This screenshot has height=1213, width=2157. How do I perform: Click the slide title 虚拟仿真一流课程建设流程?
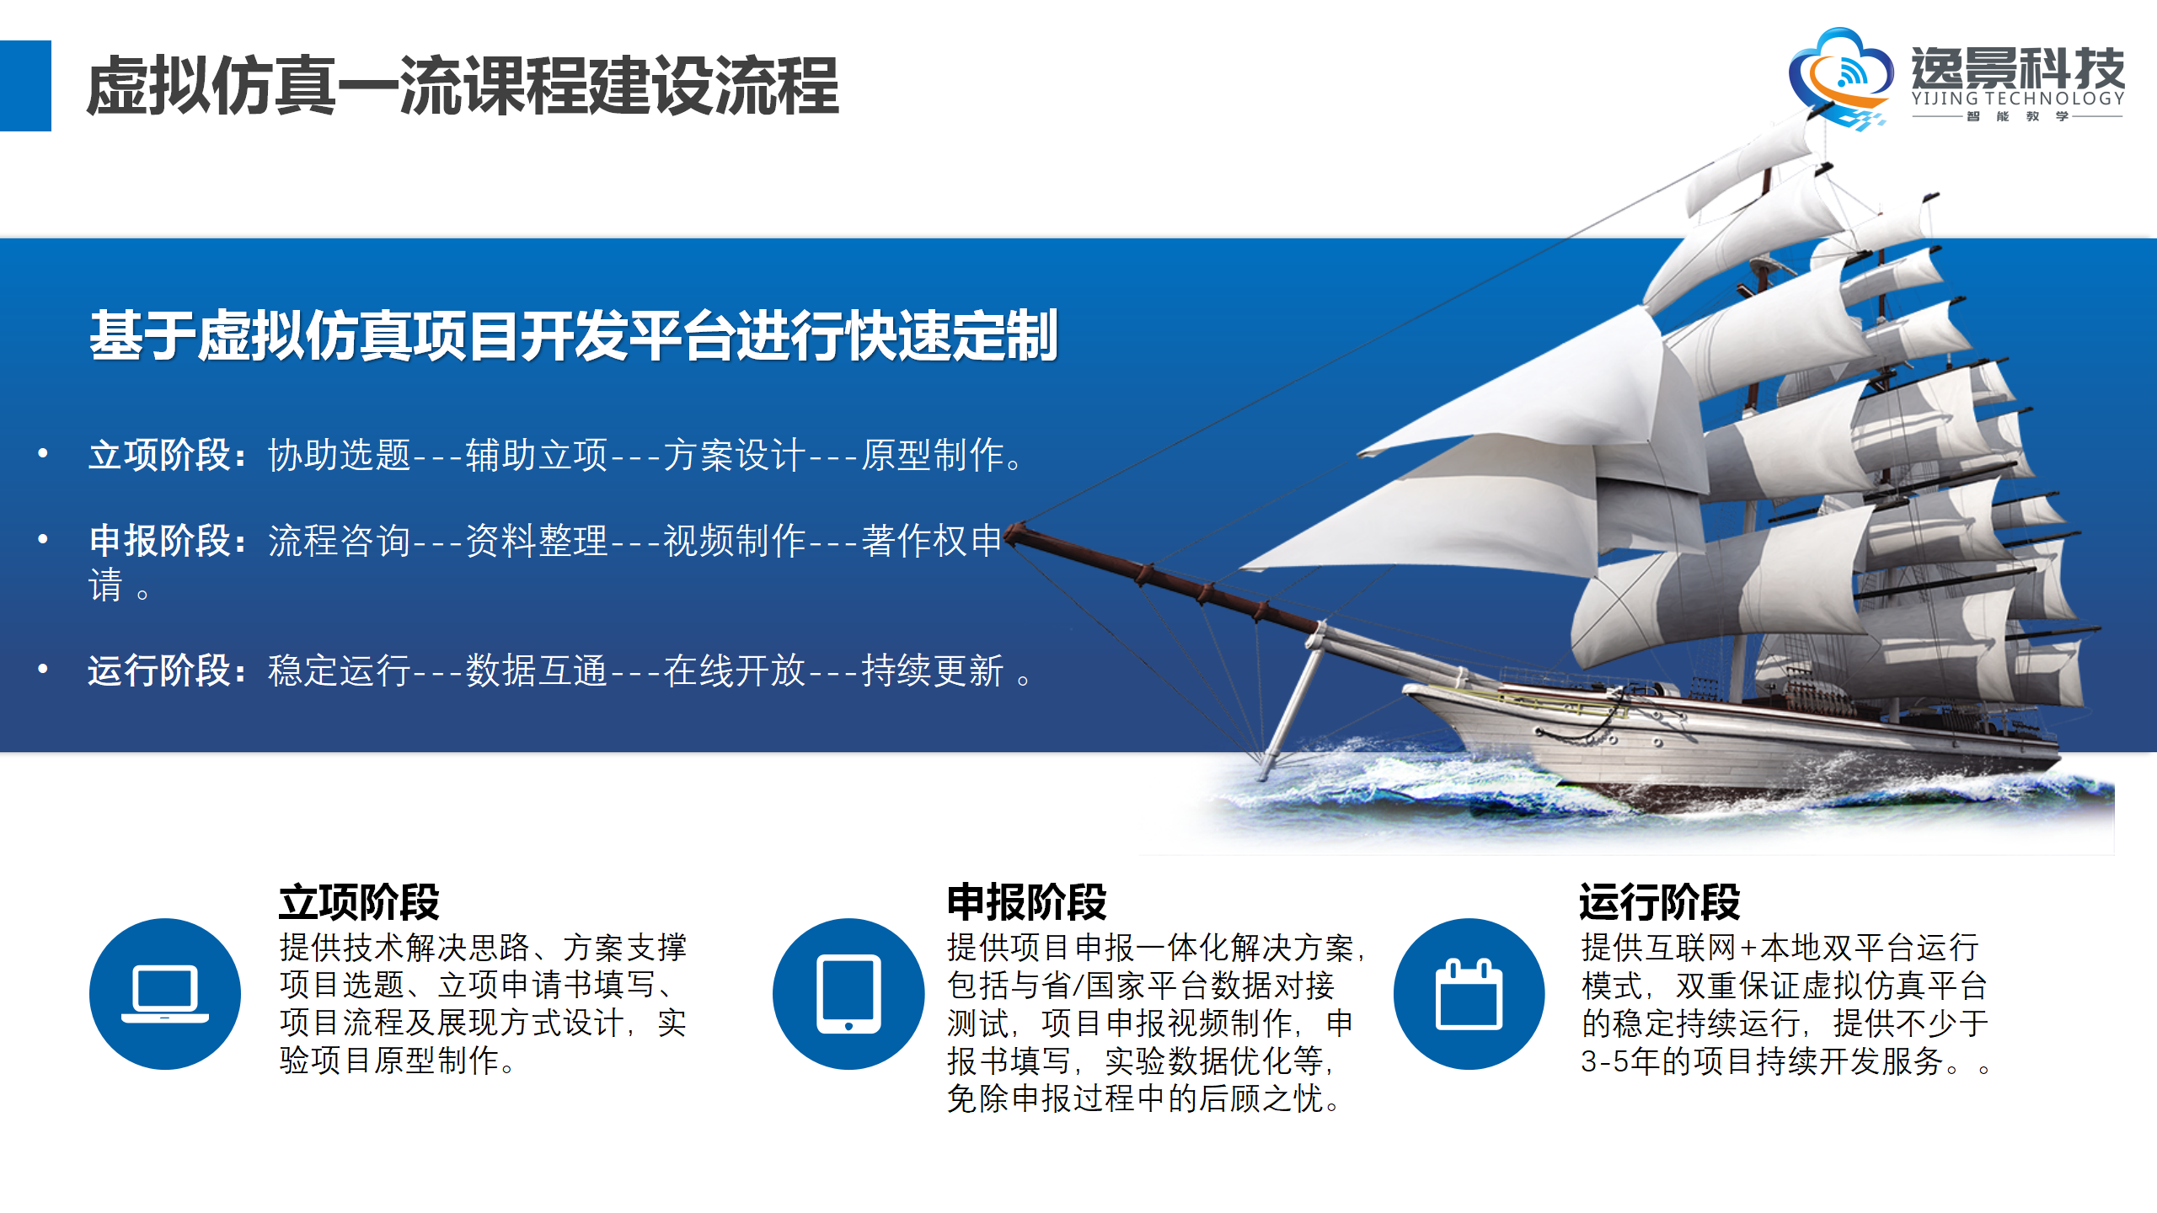click(463, 86)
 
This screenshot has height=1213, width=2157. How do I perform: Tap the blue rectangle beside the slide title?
click(25, 86)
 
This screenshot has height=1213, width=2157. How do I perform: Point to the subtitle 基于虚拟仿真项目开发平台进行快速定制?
click(574, 335)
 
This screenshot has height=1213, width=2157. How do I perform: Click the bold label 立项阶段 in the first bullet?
click(160, 455)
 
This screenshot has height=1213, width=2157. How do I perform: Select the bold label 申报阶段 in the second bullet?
click(160, 540)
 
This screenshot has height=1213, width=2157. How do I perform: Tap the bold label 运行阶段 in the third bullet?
click(160, 671)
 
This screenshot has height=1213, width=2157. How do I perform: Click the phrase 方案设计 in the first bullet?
click(734, 455)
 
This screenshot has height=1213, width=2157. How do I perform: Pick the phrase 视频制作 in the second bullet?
click(734, 540)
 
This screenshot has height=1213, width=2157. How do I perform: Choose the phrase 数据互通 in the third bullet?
click(537, 671)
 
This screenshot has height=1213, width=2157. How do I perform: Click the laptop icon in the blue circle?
click(165, 994)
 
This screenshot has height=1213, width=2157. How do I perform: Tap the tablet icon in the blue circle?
click(848, 994)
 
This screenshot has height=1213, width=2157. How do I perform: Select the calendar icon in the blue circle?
click(1469, 994)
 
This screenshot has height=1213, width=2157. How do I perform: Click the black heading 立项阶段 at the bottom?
click(360, 902)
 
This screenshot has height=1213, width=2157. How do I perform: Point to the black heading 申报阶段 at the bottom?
click(1027, 902)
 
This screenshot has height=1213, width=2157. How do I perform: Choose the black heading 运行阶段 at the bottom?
click(1660, 902)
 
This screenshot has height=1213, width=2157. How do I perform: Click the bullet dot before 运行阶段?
click(42, 670)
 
